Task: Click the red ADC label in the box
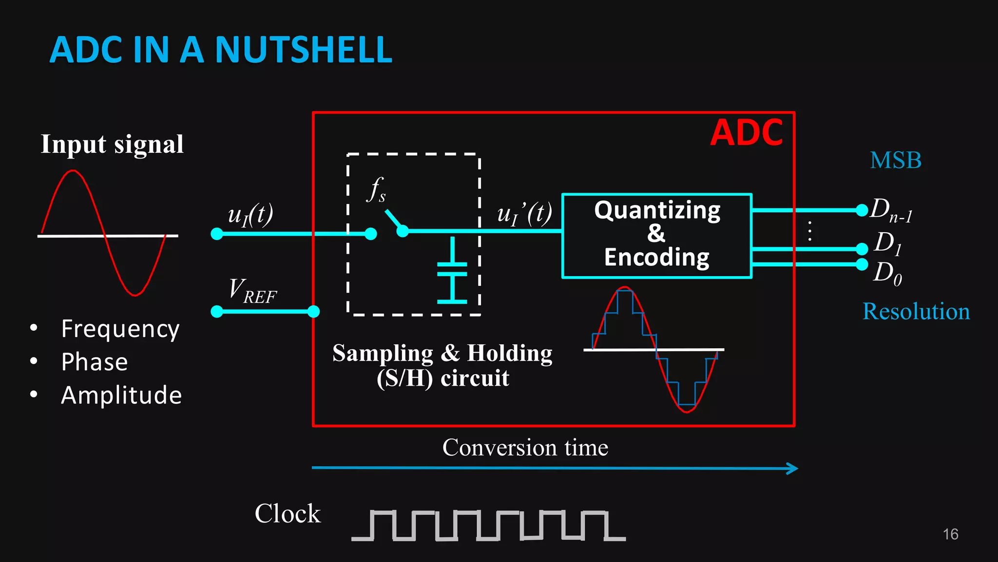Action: tap(746, 133)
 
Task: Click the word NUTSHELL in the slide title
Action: tap(303, 50)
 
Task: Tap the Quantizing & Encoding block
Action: tap(657, 235)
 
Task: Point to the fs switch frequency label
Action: tap(376, 189)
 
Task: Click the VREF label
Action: tap(252, 291)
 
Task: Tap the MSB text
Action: tap(896, 161)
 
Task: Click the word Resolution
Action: tap(916, 311)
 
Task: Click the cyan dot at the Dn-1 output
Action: tap(862, 210)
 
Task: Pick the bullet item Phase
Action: tap(95, 362)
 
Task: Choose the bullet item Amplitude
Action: tap(121, 395)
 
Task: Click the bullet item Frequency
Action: tap(120, 329)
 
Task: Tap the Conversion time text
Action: tap(525, 447)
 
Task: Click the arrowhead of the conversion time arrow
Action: tap(793, 469)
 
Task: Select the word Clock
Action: tap(288, 514)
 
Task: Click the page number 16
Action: tap(950, 534)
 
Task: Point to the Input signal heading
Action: tap(112, 144)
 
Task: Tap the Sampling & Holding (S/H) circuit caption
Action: tap(442, 365)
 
